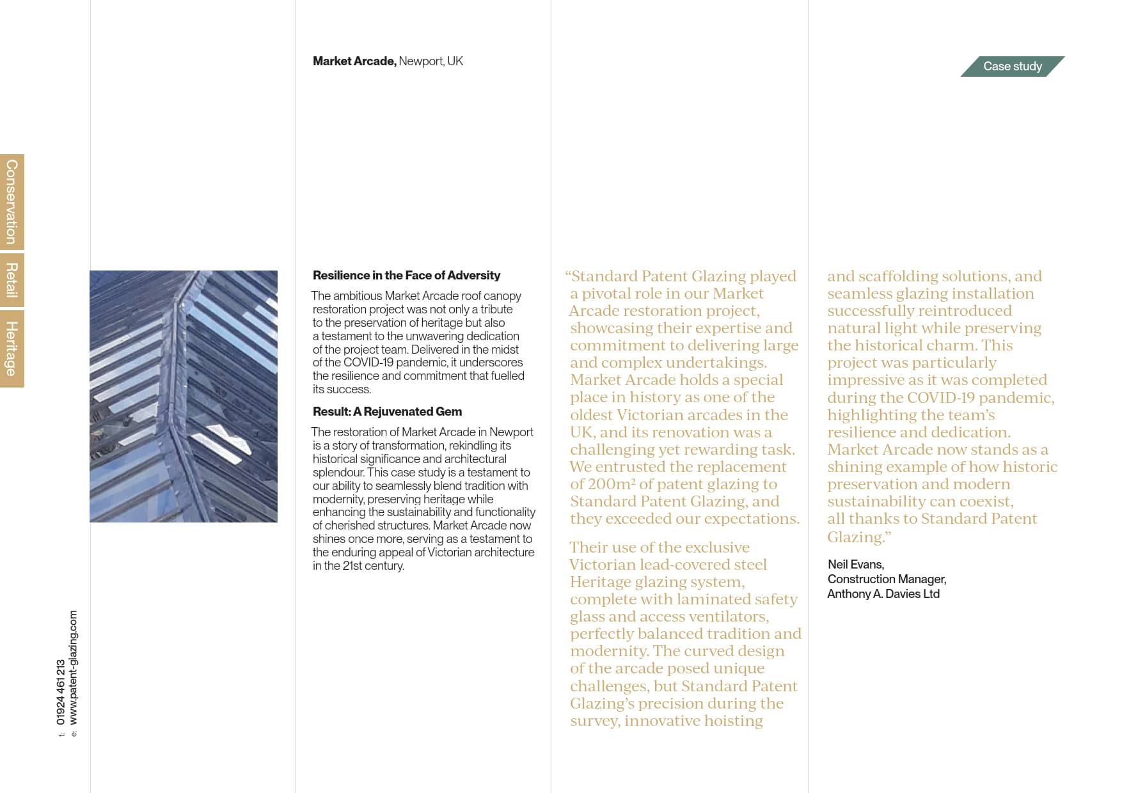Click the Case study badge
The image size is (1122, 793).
click(x=1012, y=67)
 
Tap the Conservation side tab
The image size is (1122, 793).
click(x=12, y=201)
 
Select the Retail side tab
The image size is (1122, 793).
click(x=12, y=280)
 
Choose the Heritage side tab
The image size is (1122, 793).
click(x=12, y=349)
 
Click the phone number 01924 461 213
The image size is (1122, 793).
click(x=61, y=692)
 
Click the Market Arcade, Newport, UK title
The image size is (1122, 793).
click(x=388, y=61)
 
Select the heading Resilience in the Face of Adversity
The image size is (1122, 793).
click(x=406, y=276)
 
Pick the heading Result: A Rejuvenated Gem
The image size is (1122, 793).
click(x=387, y=412)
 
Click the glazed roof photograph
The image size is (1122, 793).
click(x=184, y=396)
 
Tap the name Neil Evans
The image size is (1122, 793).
click(x=855, y=565)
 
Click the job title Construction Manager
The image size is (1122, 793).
click(x=887, y=579)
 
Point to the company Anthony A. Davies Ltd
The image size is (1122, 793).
click(x=883, y=594)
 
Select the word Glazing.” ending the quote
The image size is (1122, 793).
click(x=858, y=537)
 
